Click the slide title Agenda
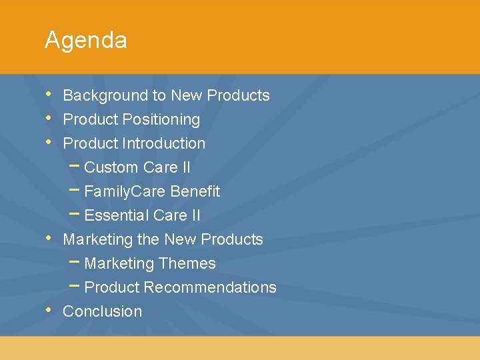[85, 41]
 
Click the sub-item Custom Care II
[137, 168]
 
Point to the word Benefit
[195, 192]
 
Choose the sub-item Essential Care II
[142, 216]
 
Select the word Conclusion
[102, 312]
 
